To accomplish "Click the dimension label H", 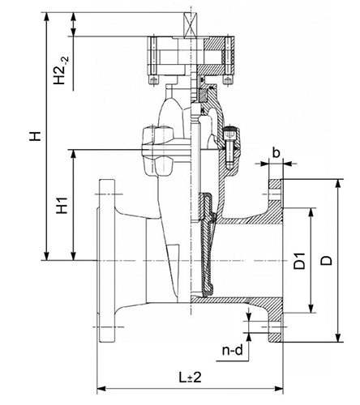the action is point(35,136).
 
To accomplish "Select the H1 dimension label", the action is point(62,206).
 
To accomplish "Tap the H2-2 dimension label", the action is point(61,70).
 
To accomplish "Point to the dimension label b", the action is point(276,153).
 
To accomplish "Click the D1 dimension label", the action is point(300,261).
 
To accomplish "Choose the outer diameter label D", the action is point(327,261).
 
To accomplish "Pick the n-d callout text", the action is point(233,350).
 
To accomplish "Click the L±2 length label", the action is point(190,377).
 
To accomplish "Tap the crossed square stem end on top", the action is point(191,24).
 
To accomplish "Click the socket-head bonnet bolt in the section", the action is point(229,147).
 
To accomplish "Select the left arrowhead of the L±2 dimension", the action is point(101,389).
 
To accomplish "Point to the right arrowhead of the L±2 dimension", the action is point(279,389).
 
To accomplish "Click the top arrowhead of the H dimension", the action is point(47,16).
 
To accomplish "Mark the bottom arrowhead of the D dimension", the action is point(337,338).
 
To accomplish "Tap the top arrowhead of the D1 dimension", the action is point(311,212).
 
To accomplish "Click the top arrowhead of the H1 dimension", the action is point(73,154).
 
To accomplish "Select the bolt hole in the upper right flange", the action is point(275,194).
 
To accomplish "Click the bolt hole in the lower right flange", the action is point(275,327).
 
